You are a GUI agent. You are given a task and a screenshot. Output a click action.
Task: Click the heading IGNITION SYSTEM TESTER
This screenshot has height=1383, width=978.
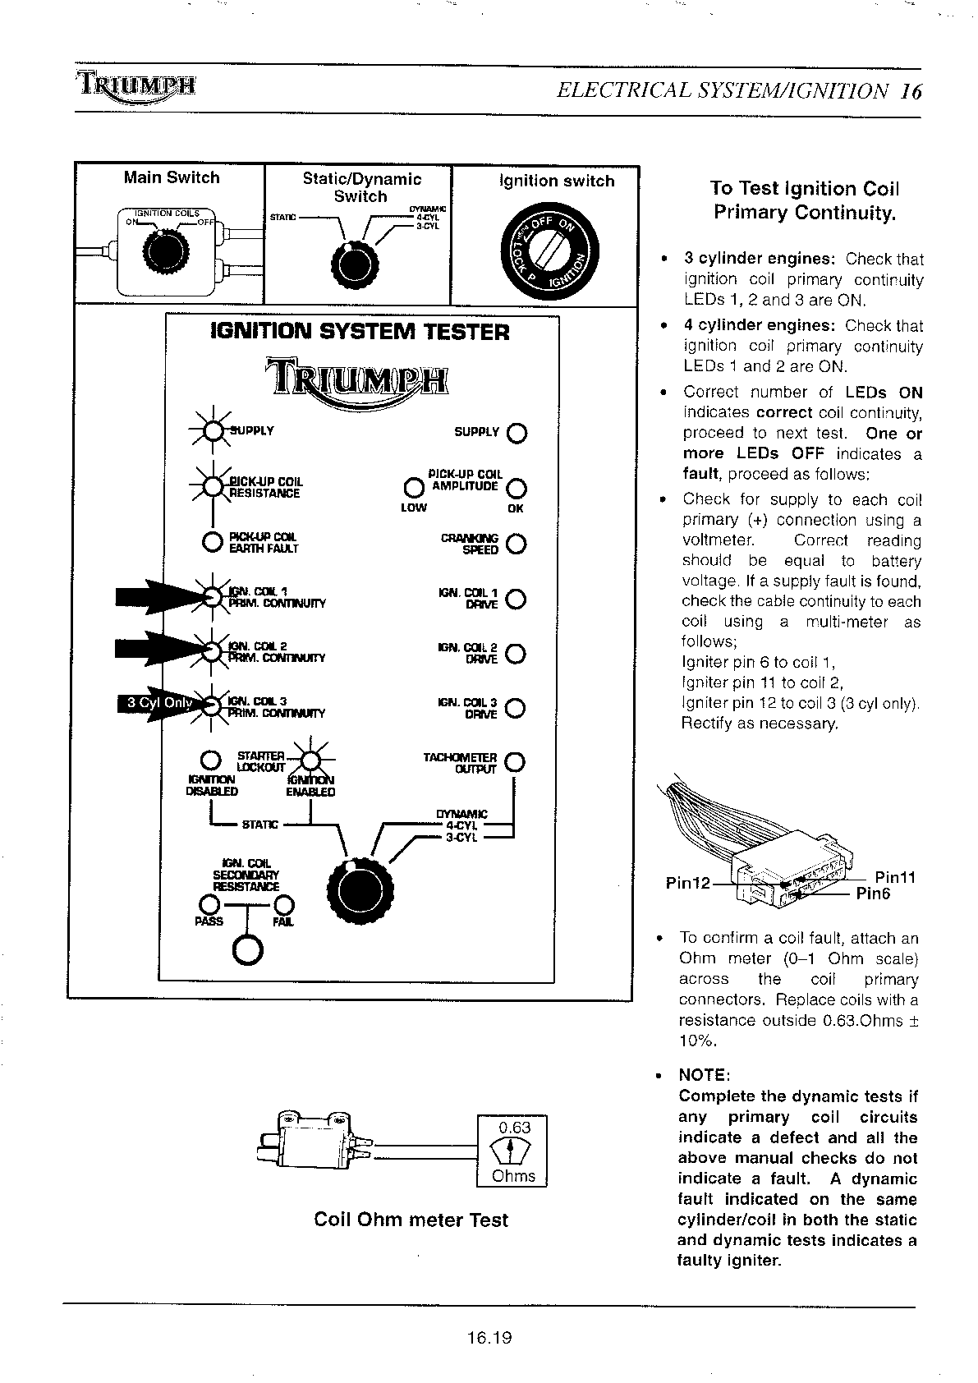pyautogui.click(x=360, y=332)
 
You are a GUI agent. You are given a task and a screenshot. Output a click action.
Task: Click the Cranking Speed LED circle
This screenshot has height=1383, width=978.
pyautogui.click(x=517, y=544)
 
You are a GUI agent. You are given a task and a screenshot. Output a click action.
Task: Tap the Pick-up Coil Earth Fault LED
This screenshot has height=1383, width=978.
pyautogui.click(x=212, y=542)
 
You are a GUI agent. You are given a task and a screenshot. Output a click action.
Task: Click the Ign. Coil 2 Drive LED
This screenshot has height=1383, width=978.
pyautogui.click(x=517, y=654)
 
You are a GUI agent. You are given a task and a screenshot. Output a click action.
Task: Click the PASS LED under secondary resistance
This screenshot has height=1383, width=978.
pyautogui.click(x=209, y=905)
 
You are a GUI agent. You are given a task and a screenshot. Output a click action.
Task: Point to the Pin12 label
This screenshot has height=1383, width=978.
pyautogui.click(x=686, y=884)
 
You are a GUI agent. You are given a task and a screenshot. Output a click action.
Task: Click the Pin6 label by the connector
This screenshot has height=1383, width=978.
pyautogui.click(x=873, y=894)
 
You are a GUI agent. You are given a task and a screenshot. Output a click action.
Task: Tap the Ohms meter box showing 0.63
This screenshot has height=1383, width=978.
pyautogui.click(x=512, y=1151)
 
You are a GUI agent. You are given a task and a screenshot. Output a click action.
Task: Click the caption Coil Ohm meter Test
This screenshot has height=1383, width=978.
pyautogui.click(x=411, y=1220)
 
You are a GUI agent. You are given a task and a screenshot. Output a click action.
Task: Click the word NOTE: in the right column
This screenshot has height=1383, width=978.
pyautogui.click(x=704, y=1075)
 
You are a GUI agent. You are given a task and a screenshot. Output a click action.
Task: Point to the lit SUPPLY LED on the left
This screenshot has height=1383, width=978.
pyautogui.click(x=213, y=430)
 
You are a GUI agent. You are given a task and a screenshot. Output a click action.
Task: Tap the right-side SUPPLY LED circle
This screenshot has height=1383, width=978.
pyautogui.click(x=517, y=433)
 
